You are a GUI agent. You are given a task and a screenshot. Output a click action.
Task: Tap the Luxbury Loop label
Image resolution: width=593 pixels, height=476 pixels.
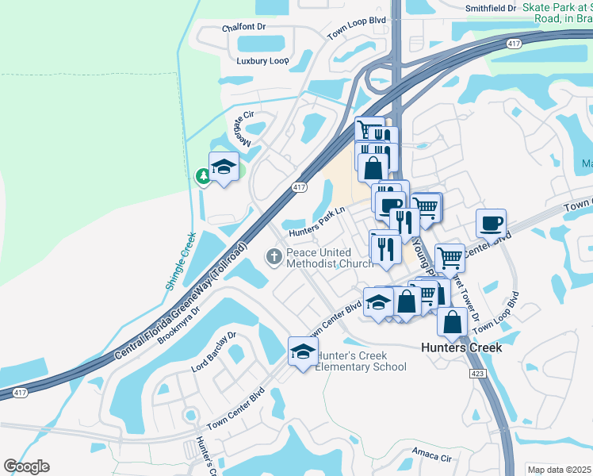click(262, 61)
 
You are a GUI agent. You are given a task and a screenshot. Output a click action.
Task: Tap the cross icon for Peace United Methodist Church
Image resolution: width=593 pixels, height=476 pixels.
click(274, 256)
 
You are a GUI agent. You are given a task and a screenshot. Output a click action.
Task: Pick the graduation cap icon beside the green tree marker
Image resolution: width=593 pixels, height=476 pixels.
click(224, 167)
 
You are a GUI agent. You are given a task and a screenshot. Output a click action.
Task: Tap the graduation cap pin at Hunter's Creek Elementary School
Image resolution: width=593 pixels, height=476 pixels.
click(302, 351)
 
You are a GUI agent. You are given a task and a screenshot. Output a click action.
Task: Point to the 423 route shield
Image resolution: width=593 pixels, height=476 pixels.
click(476, 372)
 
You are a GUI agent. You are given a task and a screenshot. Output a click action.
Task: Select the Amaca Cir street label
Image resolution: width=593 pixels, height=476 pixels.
click(432, 457)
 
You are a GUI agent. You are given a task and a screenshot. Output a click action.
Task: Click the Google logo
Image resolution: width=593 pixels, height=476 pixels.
click(26, 466)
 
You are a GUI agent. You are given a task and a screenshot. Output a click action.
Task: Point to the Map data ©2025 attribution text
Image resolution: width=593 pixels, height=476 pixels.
click(559, 470)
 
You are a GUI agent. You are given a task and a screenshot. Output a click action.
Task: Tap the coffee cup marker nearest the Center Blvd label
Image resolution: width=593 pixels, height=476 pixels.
click(491, 223)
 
